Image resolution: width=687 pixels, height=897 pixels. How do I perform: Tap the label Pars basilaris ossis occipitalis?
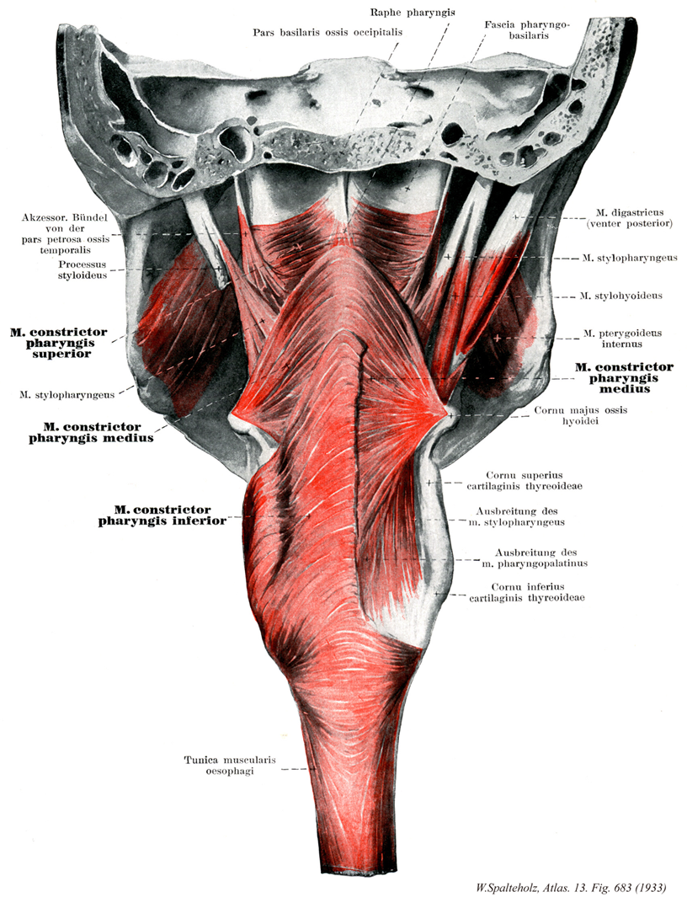pyautogui.click(x=328, y=32)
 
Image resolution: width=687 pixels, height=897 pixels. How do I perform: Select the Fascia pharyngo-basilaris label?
pyautogui.click(x=527, y=31)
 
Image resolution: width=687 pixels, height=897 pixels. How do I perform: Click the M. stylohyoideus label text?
pyautogui.click(x=621, y=296)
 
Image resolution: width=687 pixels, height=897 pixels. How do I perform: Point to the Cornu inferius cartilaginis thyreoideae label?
pyautogui.click(x=537, y=591)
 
